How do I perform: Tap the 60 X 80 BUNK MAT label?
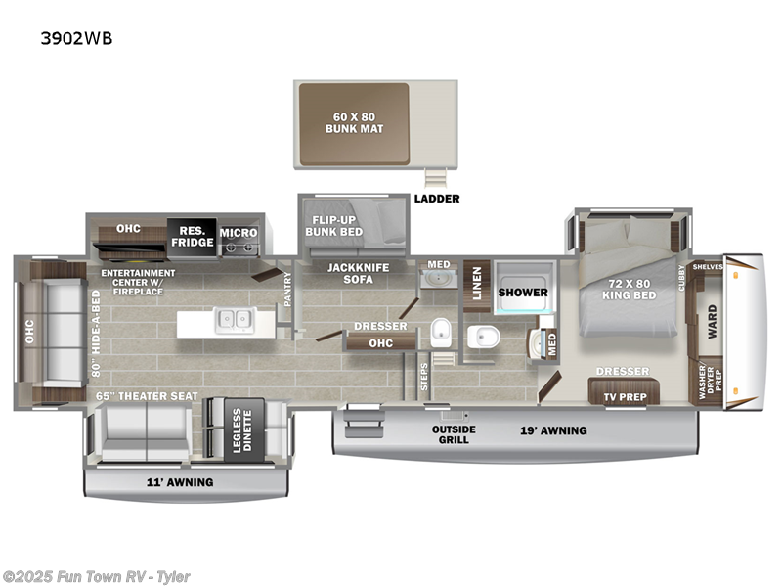click(x=353, y=122)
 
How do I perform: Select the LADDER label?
click(x=436, y=199)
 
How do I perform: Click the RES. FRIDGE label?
click(x=192, y=236)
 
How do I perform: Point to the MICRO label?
click(x=238, y=233)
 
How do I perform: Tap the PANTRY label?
click(x=287, y=289)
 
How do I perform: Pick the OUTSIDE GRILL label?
click(x=455, y=434)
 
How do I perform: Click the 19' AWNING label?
click(x=552, y=430)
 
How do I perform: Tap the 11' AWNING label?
click(x=181, y=482)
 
